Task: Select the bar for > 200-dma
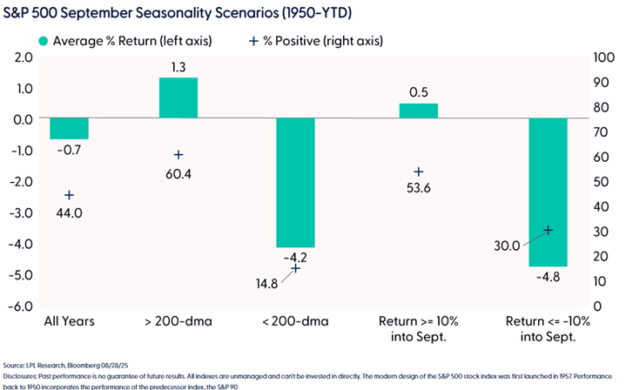tap(178, 98)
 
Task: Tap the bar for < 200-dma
tap(295, 183)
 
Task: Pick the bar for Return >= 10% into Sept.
tap(418, 111)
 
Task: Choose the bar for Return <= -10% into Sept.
tap(549, 192)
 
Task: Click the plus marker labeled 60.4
tap(178, 155)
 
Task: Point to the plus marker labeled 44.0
tap(70, 195)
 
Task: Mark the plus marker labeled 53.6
tap(418, 172)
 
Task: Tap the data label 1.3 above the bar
tap(178, 67)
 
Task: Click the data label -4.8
tap(549, 278)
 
